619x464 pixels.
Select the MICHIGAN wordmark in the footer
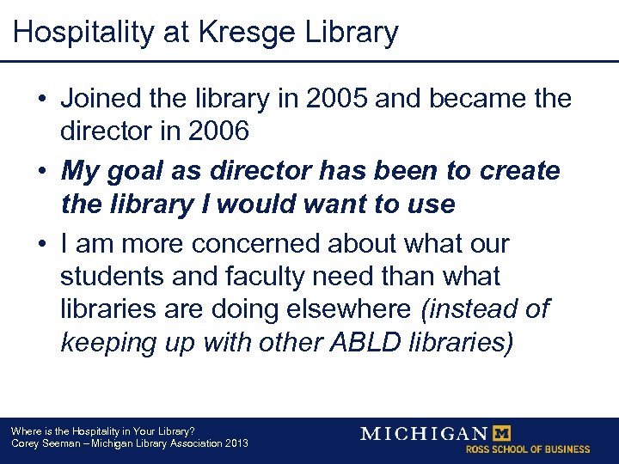[x=424, y=433]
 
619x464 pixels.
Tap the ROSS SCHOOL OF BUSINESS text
[x=528, y=449]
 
